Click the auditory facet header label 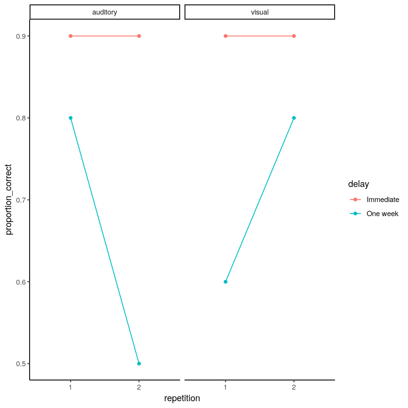[x=104, y=12]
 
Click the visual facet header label [x=259, y=12]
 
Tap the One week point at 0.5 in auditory [x=139, y=363]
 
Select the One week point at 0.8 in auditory [x=70, y=118]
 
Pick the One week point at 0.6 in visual [x=225, y=282]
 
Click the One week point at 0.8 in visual [x=294, y=118]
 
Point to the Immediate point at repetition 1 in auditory [x=70, y=36]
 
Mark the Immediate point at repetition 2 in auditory [x=139, y=36]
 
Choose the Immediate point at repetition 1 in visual [x=225, y=36]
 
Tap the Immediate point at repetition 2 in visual [x=294, y=36]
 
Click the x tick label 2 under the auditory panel [x=139, y=387]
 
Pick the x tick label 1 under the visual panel [x=225, y=387]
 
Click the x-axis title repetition [x=182, y=398]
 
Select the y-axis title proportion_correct [x=9, y=200]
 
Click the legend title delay [x=358, y=184]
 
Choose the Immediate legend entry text [x=383, y=200]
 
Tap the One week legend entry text [x=382, y=214]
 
